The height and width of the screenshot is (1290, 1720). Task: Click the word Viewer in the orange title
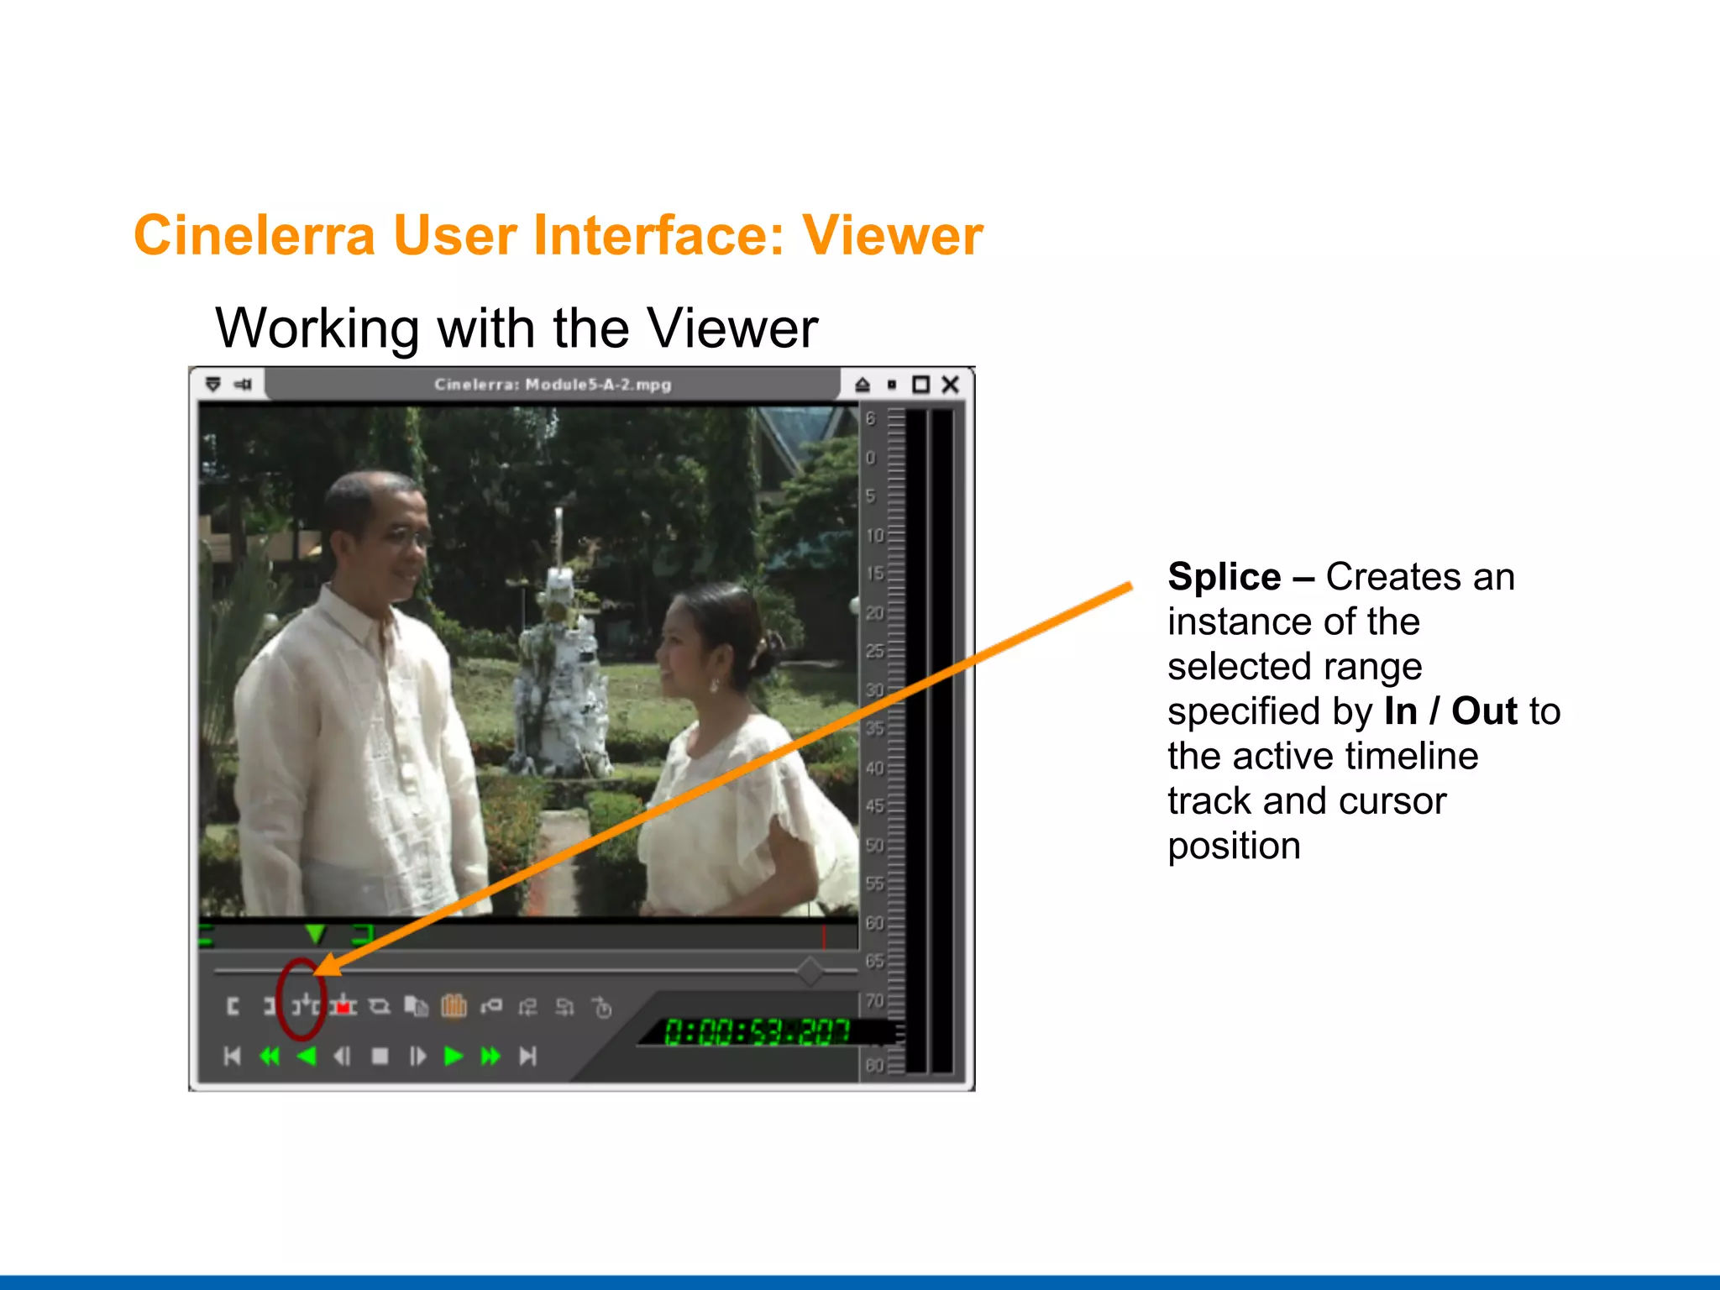pyautogui.click(x=892, y=236)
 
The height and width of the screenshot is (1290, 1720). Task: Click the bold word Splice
pyautogui.click(x=1224, y=578)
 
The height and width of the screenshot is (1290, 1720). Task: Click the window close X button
pyautogui.click(x=951, y=385)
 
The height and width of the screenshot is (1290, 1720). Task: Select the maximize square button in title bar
pyautogui.click(x=921, y=385)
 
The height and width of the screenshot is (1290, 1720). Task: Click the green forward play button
pyautogui.click(x=454, y=1056)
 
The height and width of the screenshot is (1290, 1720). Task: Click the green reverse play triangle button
pyautogui.click(x=307, y=1056)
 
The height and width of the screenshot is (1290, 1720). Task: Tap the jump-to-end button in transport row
pyautogui.click(x=527, y=1056)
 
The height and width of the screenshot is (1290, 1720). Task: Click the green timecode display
pyautogui.click(x=757, y=1031)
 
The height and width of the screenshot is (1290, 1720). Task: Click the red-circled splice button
pyautogui.click(x=305, y=1004)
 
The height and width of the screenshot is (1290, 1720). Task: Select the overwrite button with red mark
pyautogui.click(x=343, y=1005)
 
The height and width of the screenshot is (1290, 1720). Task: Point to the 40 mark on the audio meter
pyautogui.click(x=875, y=768)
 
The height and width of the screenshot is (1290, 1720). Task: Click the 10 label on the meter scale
pyautogui.click(x=875, y=535)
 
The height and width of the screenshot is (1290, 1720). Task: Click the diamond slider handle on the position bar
pyautogui.click(x=810, y=971)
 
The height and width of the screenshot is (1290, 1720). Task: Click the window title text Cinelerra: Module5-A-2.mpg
pyautogui.click(x=553, y=385)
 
